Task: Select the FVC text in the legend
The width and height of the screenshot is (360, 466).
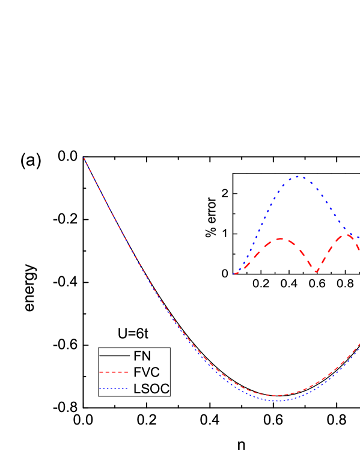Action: click(146, 372)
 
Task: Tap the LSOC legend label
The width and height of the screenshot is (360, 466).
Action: click(151, 389)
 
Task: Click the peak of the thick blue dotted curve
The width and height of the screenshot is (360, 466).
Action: click(298, 177)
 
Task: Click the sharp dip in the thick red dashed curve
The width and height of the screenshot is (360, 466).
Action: click(317, 272)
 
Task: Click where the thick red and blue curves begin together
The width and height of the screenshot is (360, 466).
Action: click(235, 274)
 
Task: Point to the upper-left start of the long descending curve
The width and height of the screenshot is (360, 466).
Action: click(84, 158)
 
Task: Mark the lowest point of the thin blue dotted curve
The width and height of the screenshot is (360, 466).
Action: click(276, 401)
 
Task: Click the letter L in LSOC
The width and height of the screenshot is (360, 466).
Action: click(137, 389)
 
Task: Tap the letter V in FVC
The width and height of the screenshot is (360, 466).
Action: click(145, 372)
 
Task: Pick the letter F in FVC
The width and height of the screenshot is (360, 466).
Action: click(137, 372)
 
